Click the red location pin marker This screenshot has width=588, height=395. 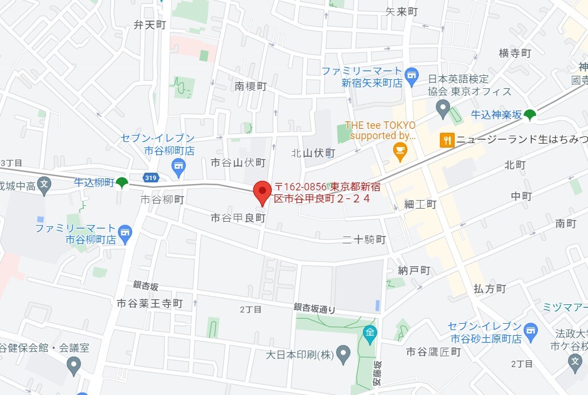tap(262, 192)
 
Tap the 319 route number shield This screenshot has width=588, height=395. tap(151, 178)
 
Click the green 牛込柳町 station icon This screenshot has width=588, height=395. tap(121, 182)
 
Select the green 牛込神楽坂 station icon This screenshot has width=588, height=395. tap(530, 115)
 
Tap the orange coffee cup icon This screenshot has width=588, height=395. tap(400, 149)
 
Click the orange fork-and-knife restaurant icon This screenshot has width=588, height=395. tap(447, 140)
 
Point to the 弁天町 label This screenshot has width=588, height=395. tap(149, 25)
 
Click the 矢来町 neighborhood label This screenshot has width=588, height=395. tap(402, 11)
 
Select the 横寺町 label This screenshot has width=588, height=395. tap(514, 53)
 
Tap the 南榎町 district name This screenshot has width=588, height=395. tap(251, 86)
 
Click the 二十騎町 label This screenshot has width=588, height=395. tap(365, 239)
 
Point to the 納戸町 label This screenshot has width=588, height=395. tap(414, 270)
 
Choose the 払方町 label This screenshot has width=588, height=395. tap(489, 288)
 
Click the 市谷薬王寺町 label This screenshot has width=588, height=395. tap(149, 303)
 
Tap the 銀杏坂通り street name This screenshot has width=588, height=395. tap(315, 308)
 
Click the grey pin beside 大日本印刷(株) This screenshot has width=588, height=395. tap(342, 354)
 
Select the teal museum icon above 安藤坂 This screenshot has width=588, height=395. tap(370, 332)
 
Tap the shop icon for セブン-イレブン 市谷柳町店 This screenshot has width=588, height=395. tap(178, 166)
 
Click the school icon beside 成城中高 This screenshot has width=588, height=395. tap(44, 184)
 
